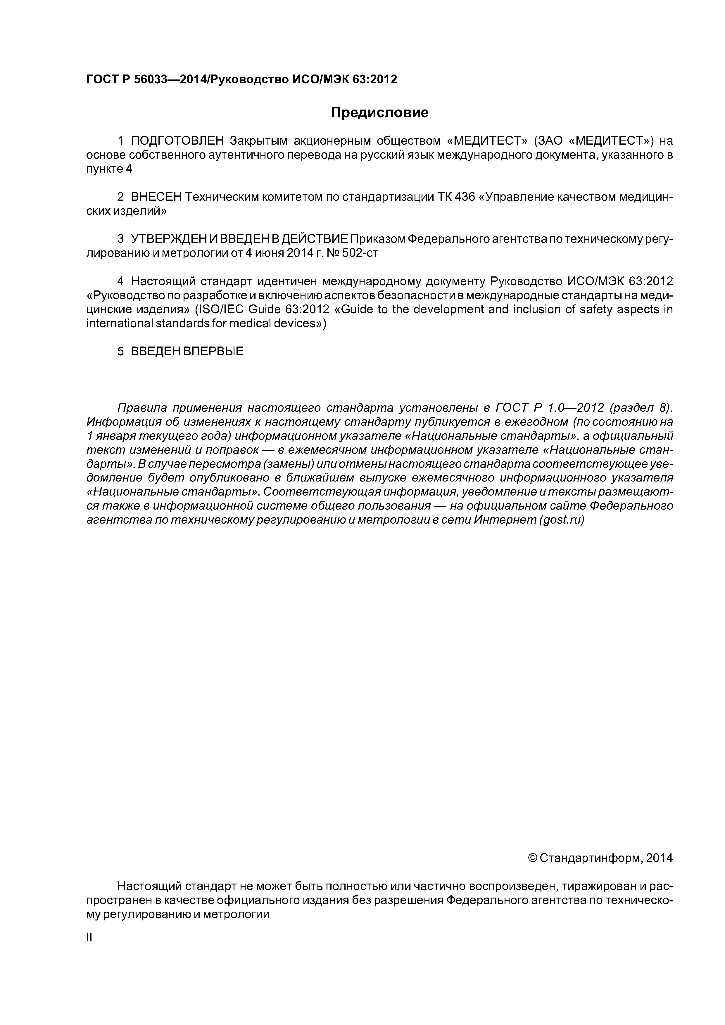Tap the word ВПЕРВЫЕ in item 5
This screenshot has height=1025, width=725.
pyautogui.click(x=213, y=351)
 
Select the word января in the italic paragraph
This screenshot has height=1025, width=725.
pyautogui.click(x=115, y=436)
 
